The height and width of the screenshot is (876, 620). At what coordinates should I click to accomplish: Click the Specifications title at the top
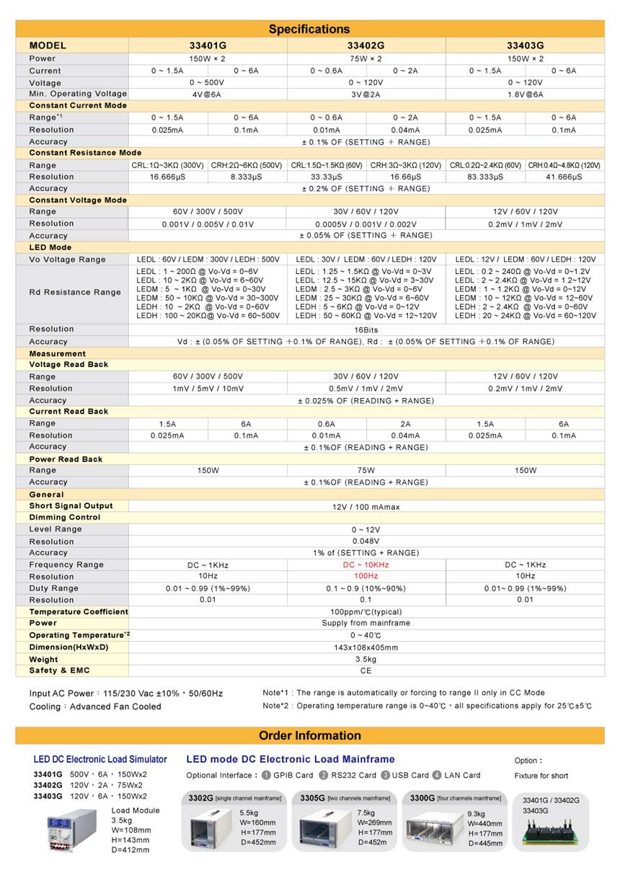[309, 29]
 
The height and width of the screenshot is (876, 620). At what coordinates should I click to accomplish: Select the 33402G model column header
[366, 46]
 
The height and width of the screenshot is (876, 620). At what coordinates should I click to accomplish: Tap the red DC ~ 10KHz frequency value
[366, 565]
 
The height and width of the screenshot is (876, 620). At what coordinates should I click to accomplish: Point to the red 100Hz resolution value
[366, 576]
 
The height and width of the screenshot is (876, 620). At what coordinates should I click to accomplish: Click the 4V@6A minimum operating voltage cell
[207, 94]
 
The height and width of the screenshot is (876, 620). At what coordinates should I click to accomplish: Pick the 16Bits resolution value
[366, 329]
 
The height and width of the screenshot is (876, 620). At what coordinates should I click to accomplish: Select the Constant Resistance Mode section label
[85, 153]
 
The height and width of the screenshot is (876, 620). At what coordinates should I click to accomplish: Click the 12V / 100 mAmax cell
[366, 507]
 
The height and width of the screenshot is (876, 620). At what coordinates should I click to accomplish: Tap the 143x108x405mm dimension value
[366, 647]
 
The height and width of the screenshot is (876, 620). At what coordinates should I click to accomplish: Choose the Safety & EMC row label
[59, 671]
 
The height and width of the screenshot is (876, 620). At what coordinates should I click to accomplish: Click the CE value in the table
[366, 671]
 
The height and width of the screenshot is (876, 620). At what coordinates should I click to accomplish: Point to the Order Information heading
[309, 735]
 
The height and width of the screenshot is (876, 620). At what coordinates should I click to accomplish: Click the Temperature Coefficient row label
[78, 611]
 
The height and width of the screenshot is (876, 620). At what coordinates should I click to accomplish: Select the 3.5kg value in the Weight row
[366, 659]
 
